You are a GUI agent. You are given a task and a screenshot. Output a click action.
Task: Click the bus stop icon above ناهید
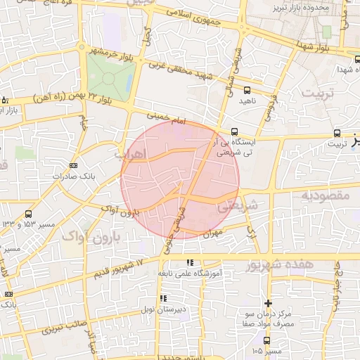pos(247,89)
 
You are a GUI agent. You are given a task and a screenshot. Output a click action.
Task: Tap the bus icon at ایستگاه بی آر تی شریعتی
pos(234,131)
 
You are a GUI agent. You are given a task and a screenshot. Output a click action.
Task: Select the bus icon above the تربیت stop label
pos(337,132)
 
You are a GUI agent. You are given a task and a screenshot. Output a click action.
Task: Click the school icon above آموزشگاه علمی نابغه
pos(188,263)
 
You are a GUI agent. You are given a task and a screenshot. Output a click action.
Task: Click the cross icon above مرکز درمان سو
pos(267,302)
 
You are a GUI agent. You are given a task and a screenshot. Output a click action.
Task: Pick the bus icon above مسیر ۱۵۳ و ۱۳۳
pos(28,214)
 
